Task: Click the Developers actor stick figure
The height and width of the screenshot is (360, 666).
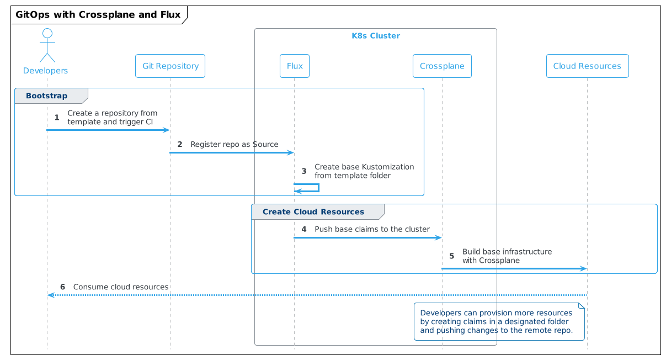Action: [x=47, y=45]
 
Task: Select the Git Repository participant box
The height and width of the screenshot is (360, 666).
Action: [x=170, y=66]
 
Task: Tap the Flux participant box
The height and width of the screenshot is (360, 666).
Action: [x=294, y=66]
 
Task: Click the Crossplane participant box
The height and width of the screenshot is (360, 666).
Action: [x=441, y=66]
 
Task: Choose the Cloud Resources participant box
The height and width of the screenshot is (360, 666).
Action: [x=587, y=66]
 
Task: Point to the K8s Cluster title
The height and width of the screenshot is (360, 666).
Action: [x=375, y=36]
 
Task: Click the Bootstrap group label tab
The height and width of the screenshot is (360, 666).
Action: [x=47, y=96]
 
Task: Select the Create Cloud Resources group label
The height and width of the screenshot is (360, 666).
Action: [x=313, y=212]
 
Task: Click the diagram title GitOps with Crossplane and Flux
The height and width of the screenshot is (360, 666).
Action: [x=98, y=14]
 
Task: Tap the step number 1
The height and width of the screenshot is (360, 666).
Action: [x=57, y=118]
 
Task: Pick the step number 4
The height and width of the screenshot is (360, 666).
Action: [x=303, y=229]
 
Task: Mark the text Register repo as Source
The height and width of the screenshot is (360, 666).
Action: [x=234, y=145]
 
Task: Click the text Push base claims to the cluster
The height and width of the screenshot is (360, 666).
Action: [x=372, y=229]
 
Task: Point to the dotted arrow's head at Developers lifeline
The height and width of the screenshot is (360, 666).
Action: [x=50, y=295]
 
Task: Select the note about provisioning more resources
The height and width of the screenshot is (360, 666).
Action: [x=498, y=322]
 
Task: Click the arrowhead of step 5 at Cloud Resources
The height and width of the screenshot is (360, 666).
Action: [x=583, y=269]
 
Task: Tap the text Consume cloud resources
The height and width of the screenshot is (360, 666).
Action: [x=120, y=287]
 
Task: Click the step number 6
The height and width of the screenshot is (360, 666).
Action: [x=62, y=287]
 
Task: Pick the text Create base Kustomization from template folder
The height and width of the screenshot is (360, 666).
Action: [x=364, y=171]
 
